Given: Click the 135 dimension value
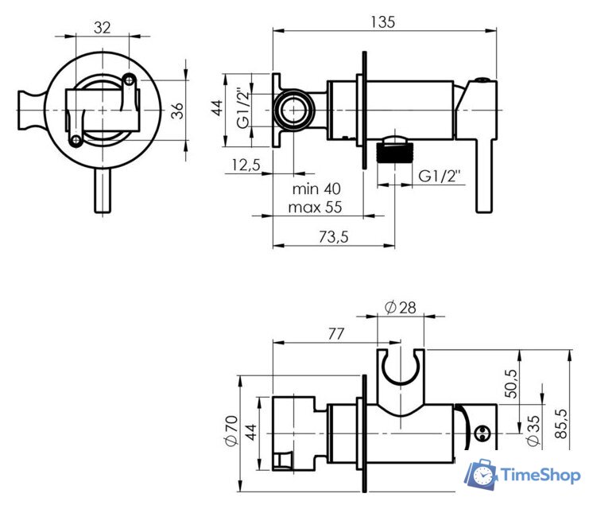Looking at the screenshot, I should click(x=382, y=22).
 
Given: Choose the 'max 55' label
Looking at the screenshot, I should click(x=316, y=208).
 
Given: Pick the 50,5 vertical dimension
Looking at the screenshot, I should click(x=512, y=383).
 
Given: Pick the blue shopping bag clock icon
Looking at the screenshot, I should click(x=482, y=475).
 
